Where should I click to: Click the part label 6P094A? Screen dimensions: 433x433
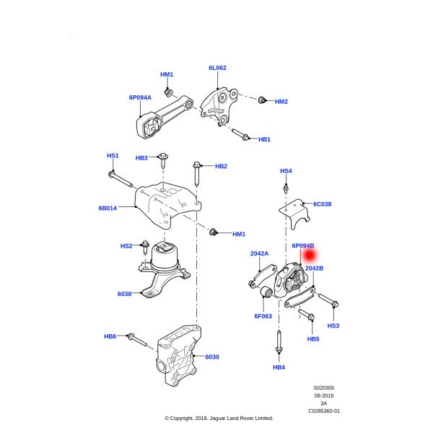click(x=141, y=96)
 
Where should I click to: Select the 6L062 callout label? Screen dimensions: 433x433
click(x=217, y=68)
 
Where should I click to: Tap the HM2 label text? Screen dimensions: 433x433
click(x=281, y=102)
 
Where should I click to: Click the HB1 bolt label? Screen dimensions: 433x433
click(x=264, y=139)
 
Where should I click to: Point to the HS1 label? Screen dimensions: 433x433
click(x=113, y=155)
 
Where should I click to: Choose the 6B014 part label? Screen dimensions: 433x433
click(x=108, y=207)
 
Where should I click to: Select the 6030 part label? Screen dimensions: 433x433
click(x=211, y=357)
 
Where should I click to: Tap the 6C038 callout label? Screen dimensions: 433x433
click(x=322, y=204)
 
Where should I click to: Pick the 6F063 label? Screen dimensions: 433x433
click(x=263, y=315)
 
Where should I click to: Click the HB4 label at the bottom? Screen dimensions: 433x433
click(x=279, y=367)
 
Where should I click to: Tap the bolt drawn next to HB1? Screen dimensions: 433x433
click(x=241, y=134)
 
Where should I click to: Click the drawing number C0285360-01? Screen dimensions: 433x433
click(x=324, y=411)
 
